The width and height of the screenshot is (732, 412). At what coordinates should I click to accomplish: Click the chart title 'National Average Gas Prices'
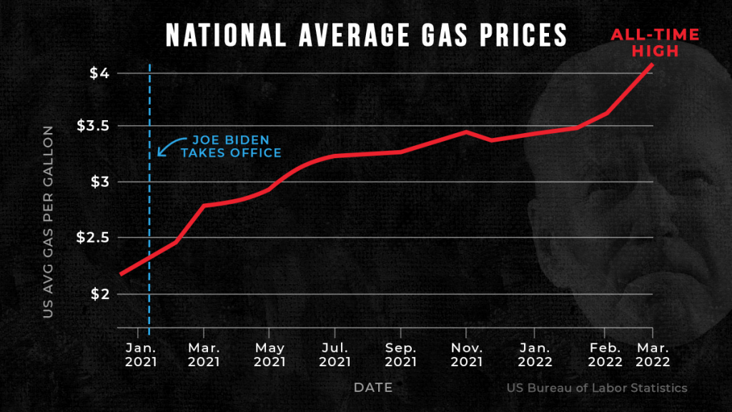pos(366,34)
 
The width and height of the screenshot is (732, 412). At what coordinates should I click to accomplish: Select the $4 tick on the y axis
pos(99,73)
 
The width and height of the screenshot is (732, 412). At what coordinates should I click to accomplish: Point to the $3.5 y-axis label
pos(93,126)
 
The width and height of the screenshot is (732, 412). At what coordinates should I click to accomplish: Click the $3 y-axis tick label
pos(99,182)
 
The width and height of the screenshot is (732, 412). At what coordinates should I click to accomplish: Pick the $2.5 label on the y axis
pos(93,237)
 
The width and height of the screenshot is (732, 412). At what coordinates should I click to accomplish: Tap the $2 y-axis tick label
pos(99,294)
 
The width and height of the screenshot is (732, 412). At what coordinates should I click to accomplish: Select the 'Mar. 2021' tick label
pos(204,355)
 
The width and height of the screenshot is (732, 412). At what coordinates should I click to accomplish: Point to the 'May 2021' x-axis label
pos(268,355)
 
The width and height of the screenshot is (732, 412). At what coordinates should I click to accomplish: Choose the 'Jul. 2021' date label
pos(334,355)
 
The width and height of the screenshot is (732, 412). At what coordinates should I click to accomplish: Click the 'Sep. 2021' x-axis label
pos(400,355)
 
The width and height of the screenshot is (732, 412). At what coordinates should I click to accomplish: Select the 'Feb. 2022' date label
pos(604,355)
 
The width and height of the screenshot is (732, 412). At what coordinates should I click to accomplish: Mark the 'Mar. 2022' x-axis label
pos(652,355)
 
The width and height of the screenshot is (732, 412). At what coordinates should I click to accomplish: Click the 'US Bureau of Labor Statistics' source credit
pos(597,388)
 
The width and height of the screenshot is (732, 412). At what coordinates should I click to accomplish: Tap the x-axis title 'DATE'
pos(373,388)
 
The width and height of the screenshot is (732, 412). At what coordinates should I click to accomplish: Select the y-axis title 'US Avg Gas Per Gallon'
pos(48,221)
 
